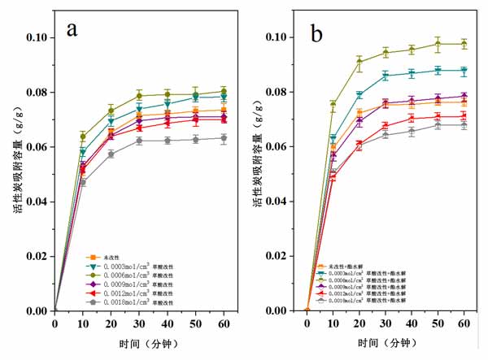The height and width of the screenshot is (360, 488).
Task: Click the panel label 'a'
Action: (72, 30)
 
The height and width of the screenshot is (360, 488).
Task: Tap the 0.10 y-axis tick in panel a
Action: (35, 37)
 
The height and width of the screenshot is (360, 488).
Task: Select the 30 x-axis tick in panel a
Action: (139, 324)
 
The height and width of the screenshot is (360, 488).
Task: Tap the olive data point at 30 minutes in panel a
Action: (139, 95)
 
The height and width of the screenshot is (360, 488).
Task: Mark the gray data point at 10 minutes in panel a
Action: (82, 182)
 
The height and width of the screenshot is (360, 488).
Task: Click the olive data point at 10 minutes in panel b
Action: (333, 104)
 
